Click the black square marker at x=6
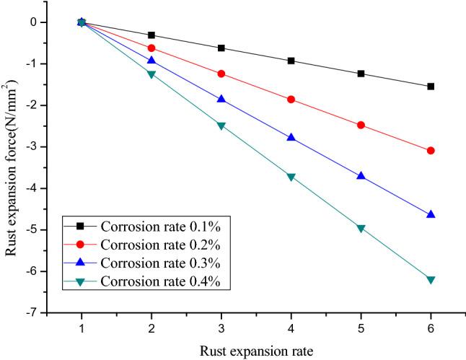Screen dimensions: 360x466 [x=431, y=87]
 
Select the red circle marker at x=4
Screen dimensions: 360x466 [x=291, y=100]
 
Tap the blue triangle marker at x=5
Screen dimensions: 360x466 [x=361, y=176]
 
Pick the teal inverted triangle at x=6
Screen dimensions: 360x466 [x=431, y=280]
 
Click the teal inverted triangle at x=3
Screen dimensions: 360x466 [x=221, y=126]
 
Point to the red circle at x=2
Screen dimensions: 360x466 [x=151, y=48]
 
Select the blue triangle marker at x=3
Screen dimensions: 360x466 [x=221, y=99]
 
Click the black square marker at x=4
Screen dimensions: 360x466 [x=291, y=61]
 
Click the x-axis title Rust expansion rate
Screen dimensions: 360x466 [x=256, y=351]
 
